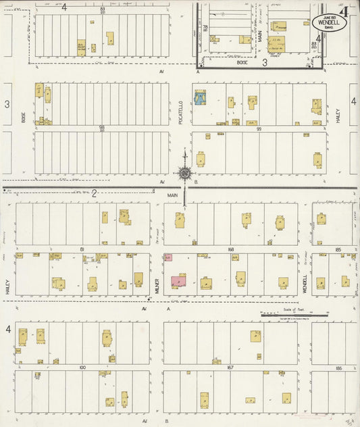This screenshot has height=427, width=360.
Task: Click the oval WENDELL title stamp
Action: coord(330,22)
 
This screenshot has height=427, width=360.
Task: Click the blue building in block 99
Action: coord(201,99)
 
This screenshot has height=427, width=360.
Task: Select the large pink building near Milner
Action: coord(179,280)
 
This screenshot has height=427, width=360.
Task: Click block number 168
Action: coord(230,249)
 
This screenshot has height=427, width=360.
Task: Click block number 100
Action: coord(82,367)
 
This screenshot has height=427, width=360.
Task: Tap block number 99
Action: coord(259,128)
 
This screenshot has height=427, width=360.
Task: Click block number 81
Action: coord(82,249)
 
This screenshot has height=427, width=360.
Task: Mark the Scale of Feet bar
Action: coord(294,313)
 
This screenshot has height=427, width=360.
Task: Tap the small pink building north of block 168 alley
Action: coord(168,257)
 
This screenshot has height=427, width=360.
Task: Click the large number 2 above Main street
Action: coord(95,193)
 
